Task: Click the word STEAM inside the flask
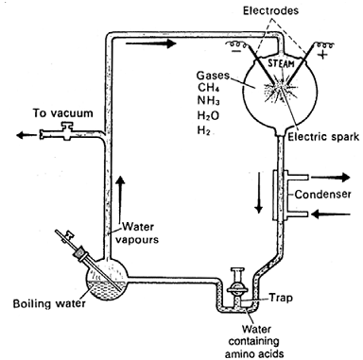pyautogui.click(x=281, y=63)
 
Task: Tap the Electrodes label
pyautogui.click(x=270, y=10)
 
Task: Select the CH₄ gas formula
pyautogui.click(x=209, y=88)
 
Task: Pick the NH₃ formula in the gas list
pyautogui.click(x=208, y=101)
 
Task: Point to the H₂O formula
pyautogui.click(x=208, y=115)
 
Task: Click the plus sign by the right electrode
pyautogui.click(x=323, y=55)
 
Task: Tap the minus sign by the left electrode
pyautogui.click(x=236, y=51)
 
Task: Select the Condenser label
pyautogui.click(x=322, y=194)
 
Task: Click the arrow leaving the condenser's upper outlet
pyautogui.click(x=331, y=178)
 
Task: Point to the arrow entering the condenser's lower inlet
pyautogui.click(x=331, y=214)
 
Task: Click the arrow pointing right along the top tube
pyautogui.click(x=150, y=43)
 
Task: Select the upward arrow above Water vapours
pyautogui.click(x=120, y=197)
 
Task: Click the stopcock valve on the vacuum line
pyautogui.click(x=67, y=131)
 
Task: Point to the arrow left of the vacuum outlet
pyautogui.click(x=26, y=135)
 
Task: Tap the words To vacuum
pyautogui.click(x=63, y=113)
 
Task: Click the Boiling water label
pyautogui.click(x=49, y=304)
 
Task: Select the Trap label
pyautogui.click(x=281, y=298)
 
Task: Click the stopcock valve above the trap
pyautogui.click(x=237, y=284)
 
